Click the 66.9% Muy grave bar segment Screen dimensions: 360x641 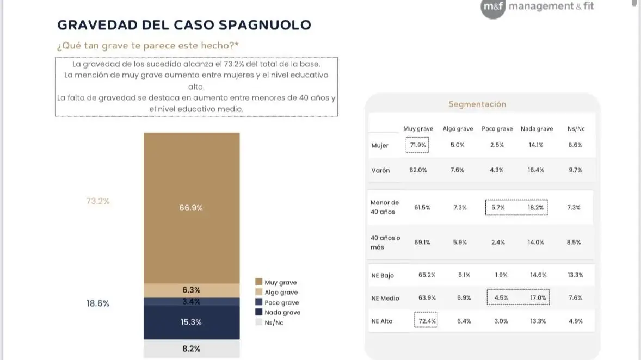click(191, 208)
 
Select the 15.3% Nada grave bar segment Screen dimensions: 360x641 click(191, 322)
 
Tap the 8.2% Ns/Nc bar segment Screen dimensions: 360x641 click(191, 349)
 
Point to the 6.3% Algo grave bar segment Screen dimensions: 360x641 click(191, 290)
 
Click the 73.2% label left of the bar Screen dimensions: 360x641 click(98, 201)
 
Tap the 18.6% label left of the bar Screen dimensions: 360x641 click(98, 303)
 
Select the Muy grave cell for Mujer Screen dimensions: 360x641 click(417, 145)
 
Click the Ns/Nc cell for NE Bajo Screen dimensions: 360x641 click(575, 275)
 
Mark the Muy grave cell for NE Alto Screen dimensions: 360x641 click(426, 321)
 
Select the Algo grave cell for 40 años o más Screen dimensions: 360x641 click(460, 242)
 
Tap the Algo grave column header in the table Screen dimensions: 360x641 click(457, 129)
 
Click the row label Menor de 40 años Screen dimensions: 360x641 click(385, 207)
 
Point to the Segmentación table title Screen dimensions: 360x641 click(477, 104)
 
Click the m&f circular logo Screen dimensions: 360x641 click(493, 7)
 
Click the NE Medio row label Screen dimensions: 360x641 click(385, 298)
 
